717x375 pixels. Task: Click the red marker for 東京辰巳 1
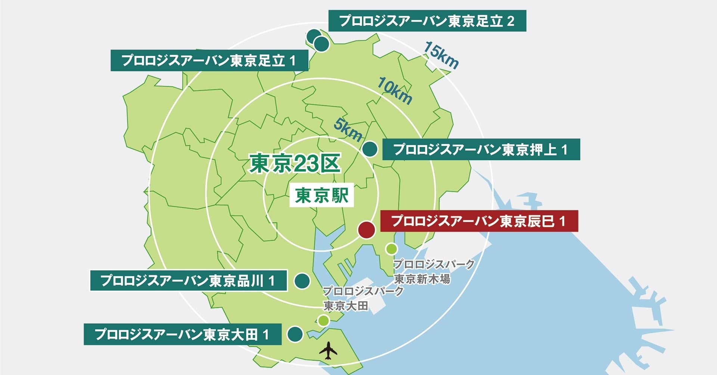[x=366, y=230]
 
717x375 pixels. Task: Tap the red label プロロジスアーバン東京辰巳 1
[x=479, y=221]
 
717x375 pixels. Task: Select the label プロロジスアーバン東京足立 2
[x=427, y=21]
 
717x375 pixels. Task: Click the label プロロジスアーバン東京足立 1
[x=209, y=60]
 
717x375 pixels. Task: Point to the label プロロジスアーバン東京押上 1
[x=481, y=150]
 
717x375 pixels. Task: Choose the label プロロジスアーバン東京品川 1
[x=189, y=281]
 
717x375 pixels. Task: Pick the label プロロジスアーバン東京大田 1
[x=182, y=334]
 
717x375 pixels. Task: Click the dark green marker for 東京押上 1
[x=370, y=149]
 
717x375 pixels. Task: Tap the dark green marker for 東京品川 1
[x=302, y=281]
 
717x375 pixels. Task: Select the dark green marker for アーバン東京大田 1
[x=295, y=334]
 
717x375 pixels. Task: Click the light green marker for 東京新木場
[x=391, y=249]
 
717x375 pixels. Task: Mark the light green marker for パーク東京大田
[x=323, y=320]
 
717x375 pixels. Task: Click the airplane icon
[x=328, y=350]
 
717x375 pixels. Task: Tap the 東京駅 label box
[x=322, y=195]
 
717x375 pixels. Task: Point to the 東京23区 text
[x=295, y=164]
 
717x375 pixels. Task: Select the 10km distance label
[x=394, y=91]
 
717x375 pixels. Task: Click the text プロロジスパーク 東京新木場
[x=433, y=271]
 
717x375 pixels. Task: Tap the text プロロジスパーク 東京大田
[x=362, y=298]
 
